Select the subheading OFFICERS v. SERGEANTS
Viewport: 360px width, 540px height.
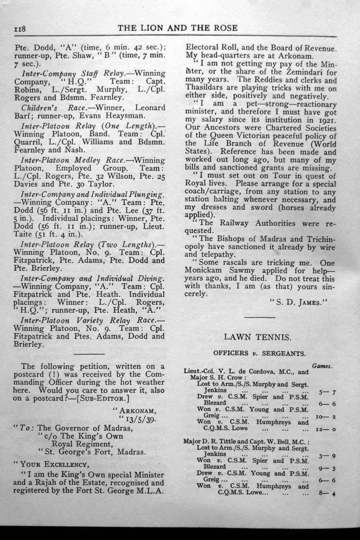tap(259, 353)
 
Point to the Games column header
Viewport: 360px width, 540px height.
tap(322, 366)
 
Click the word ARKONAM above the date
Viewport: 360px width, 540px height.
tap(137, 410)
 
